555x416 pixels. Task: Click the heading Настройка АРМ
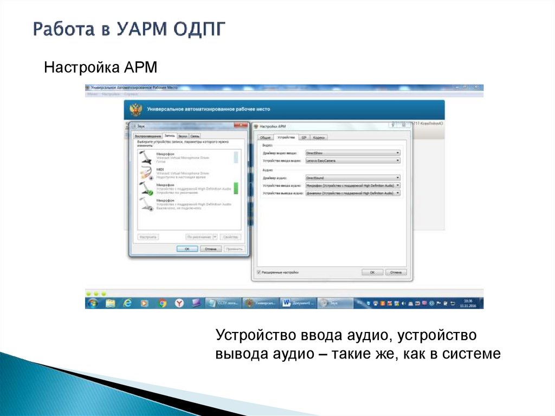click(x=100, y=68)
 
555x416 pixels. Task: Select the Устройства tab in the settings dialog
click(x=285, y=138)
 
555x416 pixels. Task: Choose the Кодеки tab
click(x=319, y=138)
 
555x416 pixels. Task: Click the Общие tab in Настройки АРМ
click(x=265, y=138)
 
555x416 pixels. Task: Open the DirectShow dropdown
click(x=352, y=153)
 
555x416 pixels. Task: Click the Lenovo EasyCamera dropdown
click(x=352, y=161)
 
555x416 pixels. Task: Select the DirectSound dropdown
click(x=352, y=177)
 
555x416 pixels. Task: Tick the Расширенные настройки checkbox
click(x=259, y=272)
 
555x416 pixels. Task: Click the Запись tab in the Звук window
click(x=169, y=135)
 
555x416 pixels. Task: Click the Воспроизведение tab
click(x=148, y=136)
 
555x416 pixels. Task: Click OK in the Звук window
click(x=187, y=248)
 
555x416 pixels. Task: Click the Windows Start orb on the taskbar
click(x=93, y=303)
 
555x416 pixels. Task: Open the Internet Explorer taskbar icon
click(x=127, y=303)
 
